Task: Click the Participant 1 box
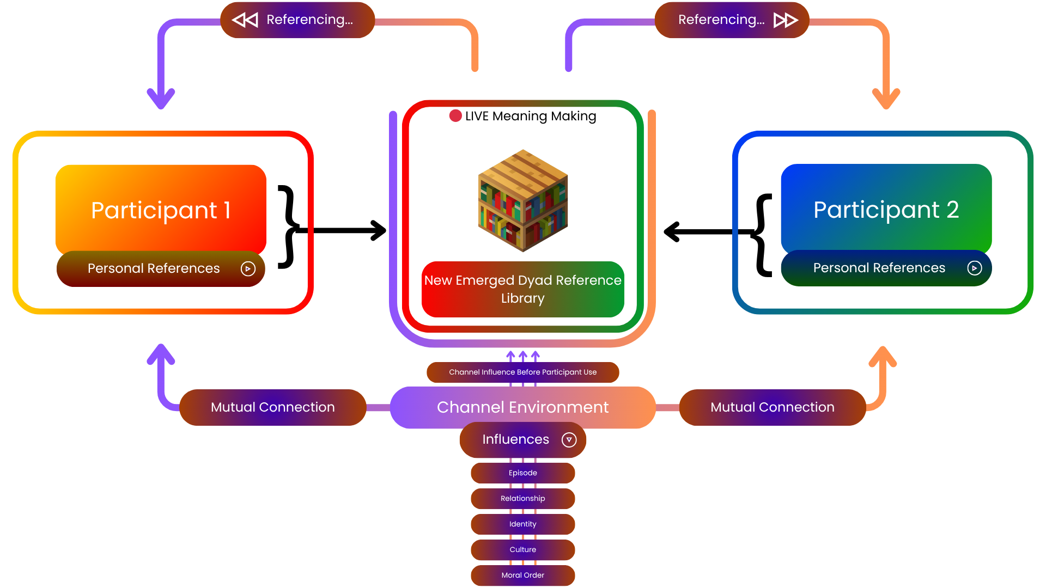pyautogui.click(x=161, y=209)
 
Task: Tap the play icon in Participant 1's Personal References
pyautogui.click(x=248, y=268)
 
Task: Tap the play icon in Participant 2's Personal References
pyautogui.click(x=974, y=268)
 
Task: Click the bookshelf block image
pyautogui.click(x=523, y=201)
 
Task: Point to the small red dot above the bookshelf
pyautogui.click(x=455, y=115)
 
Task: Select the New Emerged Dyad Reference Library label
pyautogui.click(x=523, y=289)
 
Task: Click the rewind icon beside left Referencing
pyautogui.click(x=245, y=20)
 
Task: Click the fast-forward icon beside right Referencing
pyautogui.click(x=786, y=20)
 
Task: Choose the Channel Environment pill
pyautogui.click(x=523, y=407)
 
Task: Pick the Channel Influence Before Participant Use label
pyautogui.click(x=523, y=372)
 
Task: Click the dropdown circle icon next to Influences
pyautogui.click(x=569, y=440)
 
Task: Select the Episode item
pyautogui.click(x=523, y=473)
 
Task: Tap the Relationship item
pyautogui.click(x=523, y=499)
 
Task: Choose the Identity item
pyautogui.click(x=523, y=524)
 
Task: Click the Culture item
pyautogui.click(x=523, y=550)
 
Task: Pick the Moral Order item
pyautogui.click(x=523, y=575)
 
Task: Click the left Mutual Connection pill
pyautogui.click(x=272, y=407)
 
